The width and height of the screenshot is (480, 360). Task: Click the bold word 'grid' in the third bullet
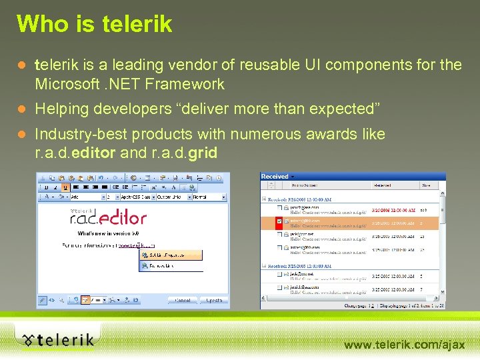point(203,153)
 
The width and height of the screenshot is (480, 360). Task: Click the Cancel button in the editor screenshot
point(182,300)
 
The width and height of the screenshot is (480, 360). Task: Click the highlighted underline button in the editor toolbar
point(65,187)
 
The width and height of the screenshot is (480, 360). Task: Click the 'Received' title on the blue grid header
point(275,177)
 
